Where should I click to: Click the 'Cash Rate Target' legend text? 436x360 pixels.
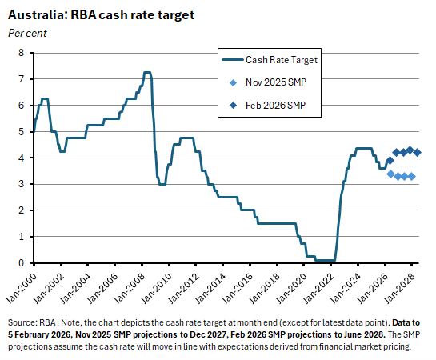(282, 59)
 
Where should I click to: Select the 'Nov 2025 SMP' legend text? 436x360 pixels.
(278, 82)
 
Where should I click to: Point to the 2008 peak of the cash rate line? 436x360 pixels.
(146, 73)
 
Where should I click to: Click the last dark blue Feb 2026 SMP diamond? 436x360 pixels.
(417, 152)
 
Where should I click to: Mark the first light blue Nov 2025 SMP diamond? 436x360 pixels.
(390, 174)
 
